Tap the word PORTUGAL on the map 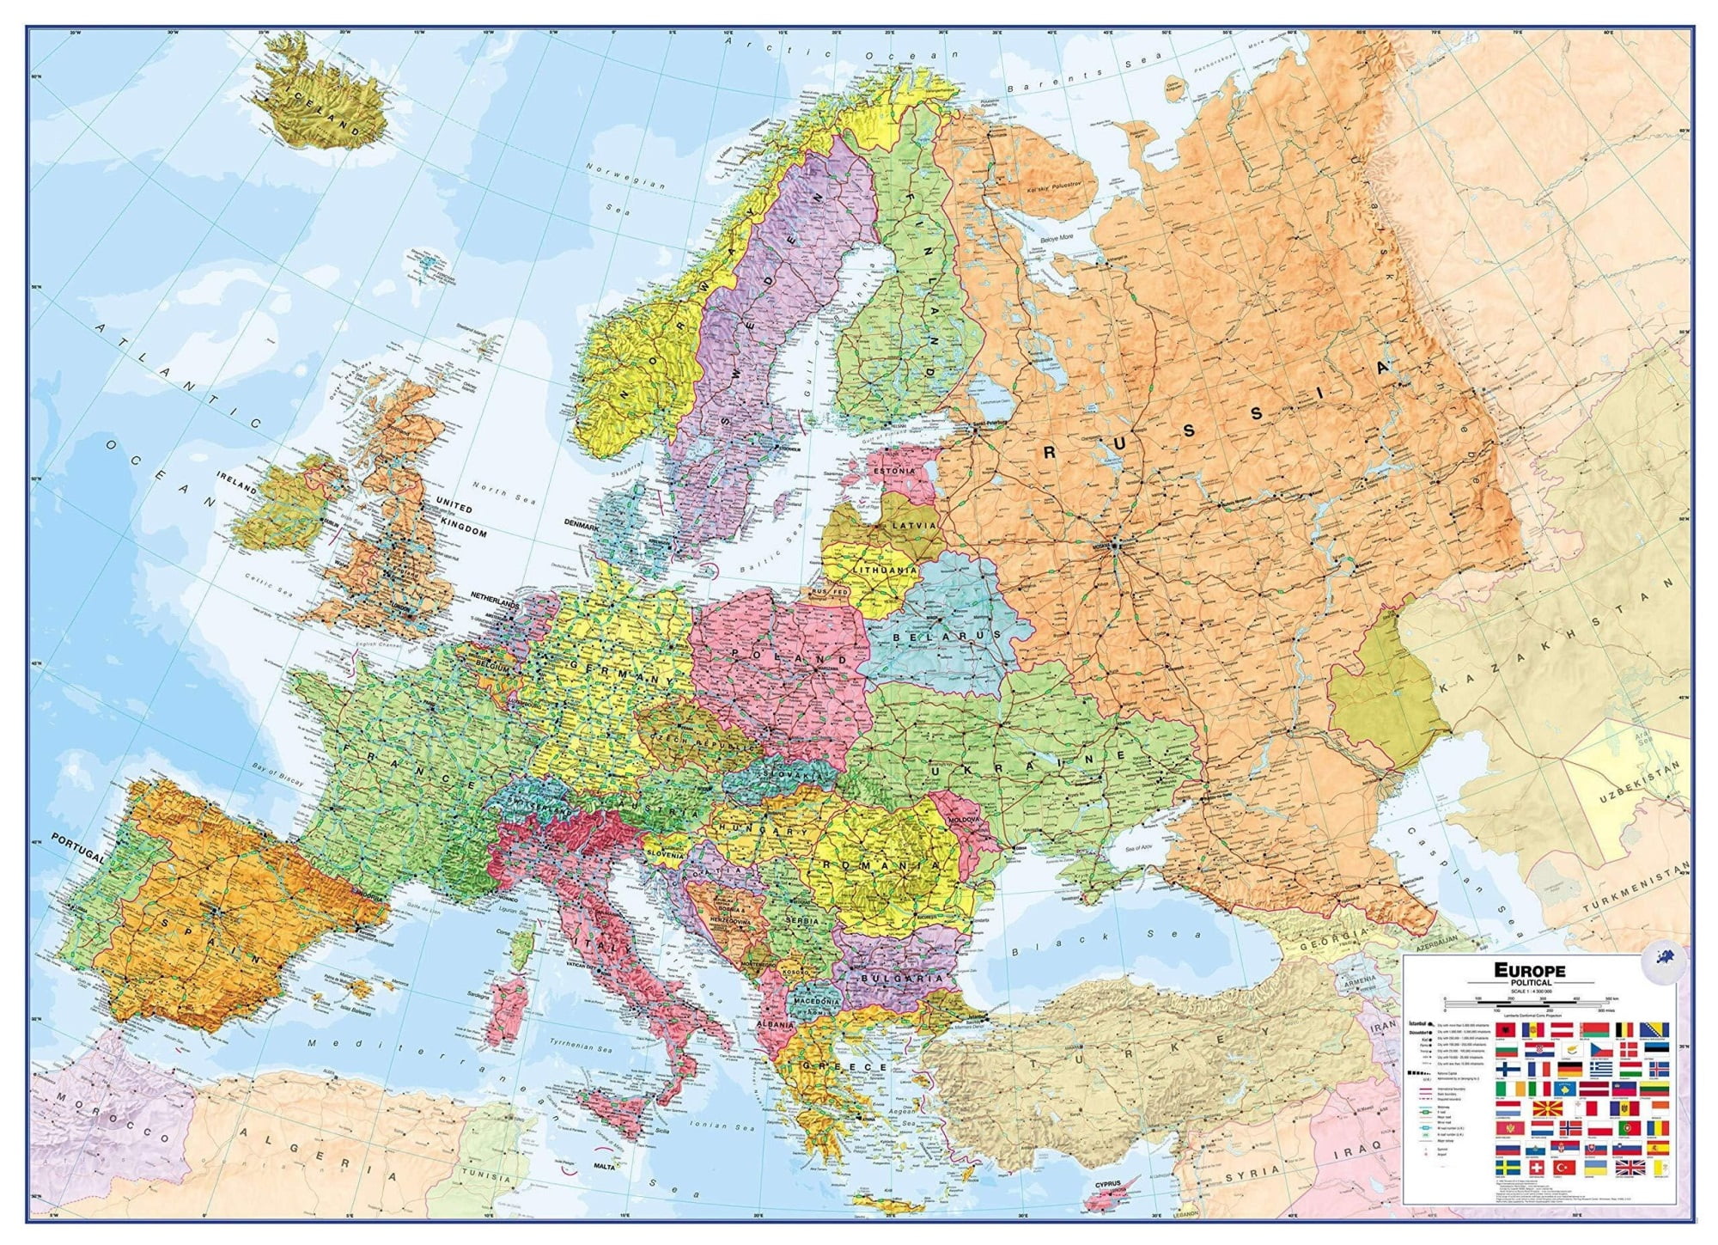[77, 846]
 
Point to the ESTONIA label [894, 472]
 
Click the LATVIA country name [914, 524]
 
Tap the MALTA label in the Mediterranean [605, 1165]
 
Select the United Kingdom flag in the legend [1630, 1168]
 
